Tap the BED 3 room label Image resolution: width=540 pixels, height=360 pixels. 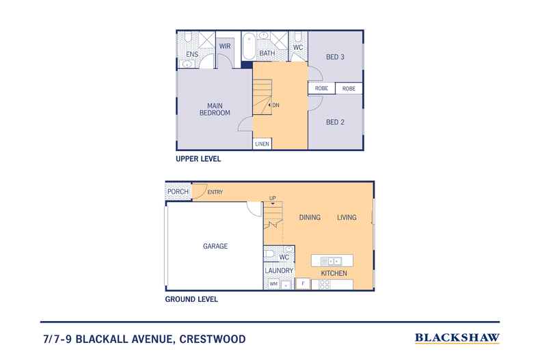point(334,57)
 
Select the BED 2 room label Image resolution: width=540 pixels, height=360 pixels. point(334,122)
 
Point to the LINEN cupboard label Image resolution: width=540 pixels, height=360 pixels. point(262,144)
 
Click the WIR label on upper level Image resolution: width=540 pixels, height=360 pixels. point(224,46)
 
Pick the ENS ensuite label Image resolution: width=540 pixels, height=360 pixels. point(193,53)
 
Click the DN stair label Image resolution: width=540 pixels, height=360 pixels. point(275,105)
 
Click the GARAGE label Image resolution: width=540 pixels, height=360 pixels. point(215,246)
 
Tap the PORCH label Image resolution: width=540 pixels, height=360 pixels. point(178,192)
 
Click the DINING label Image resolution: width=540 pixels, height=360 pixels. point(310,217)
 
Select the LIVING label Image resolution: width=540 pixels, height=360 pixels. point(347,217)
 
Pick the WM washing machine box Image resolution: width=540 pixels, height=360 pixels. point(273,283)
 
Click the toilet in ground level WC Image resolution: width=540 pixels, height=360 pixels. point(271,253)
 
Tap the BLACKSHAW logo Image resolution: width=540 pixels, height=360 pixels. point(457,337)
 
